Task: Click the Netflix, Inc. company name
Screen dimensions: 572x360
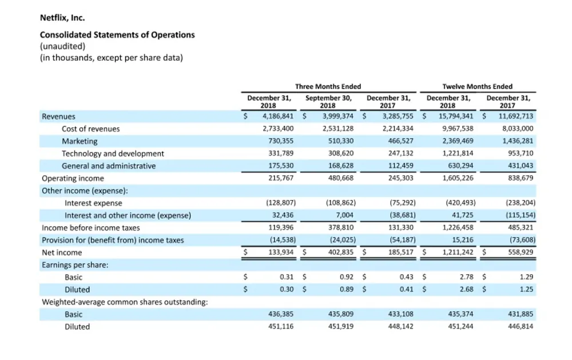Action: tap(62, 18)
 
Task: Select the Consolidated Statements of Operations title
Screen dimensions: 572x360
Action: tap(117, 35)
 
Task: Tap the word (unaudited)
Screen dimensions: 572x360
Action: tap(62, 46)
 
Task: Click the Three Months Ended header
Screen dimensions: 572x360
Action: tap(328, 86)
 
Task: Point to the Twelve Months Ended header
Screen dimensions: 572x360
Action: tap(477, 86)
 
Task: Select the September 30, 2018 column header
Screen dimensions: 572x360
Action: tap(328, 101)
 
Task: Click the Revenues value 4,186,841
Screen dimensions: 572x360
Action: tap(278, 116)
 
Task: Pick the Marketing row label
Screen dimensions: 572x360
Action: tap(80, 141)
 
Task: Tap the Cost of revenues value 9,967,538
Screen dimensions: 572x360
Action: tap(458, 129)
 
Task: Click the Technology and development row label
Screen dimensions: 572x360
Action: tap(113, 154)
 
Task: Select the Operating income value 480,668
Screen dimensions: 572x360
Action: tap(341, 178)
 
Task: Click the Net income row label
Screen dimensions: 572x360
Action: tap(62, 252)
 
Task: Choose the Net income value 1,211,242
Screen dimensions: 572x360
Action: tap(458, 252)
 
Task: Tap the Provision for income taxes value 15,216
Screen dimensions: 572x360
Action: tap(463, 240)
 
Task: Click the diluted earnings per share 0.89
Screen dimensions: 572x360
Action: tap(347, 289)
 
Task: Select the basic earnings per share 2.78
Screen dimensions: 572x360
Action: tap(467, 277)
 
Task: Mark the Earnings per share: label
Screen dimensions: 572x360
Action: tap(75, 265)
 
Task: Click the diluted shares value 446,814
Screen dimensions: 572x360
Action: tap(521, 326)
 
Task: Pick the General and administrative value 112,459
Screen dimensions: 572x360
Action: tap(400, 165)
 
